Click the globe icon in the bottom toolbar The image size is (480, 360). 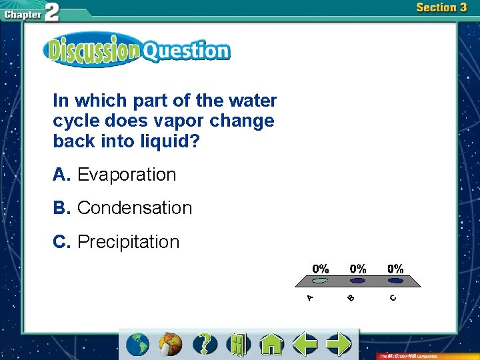(x=138, y=344)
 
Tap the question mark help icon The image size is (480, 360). (x=205, y=344)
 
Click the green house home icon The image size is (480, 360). (x=271, y=344)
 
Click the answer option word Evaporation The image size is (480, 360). (x=127, y=175)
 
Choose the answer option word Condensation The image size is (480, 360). (x=135, y=208)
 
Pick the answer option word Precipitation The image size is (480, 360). (x=129, y=241)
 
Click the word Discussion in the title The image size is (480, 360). (x=93, y=51)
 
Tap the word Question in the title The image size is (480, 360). (x=186, y=51)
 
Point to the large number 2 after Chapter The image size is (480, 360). (x=51, y=13)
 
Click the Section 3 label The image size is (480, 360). (x=441, y=8)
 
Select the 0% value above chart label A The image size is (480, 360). (x=321, y=269)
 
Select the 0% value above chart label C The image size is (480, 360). (x=395, y=269)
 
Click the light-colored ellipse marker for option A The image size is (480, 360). (x=321, y=281)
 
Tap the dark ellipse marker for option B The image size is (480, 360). (x=358, y=281)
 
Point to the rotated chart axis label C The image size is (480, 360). (x=393, y=297)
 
